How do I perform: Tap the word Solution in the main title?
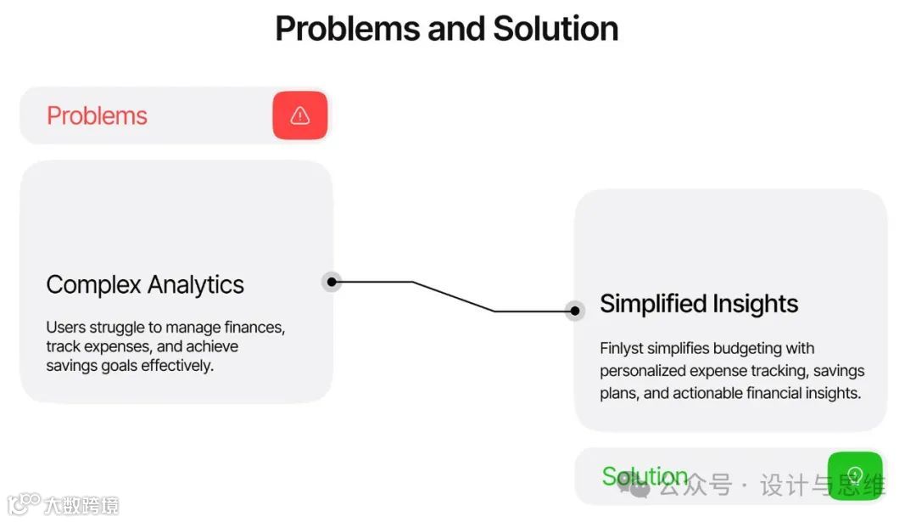pos(556,29)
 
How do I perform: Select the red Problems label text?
pos(97,115)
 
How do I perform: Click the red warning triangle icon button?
pos(299,115)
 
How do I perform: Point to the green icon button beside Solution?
pos(855,475)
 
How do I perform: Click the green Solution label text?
pos(645,476)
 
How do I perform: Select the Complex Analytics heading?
pos(145,284)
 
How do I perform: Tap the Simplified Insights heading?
pos(699,304)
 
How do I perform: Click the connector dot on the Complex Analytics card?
pos(332,282)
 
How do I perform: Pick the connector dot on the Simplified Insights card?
pos(575,311)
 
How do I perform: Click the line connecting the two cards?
pos(454,296)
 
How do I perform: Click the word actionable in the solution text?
pos(707,393)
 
